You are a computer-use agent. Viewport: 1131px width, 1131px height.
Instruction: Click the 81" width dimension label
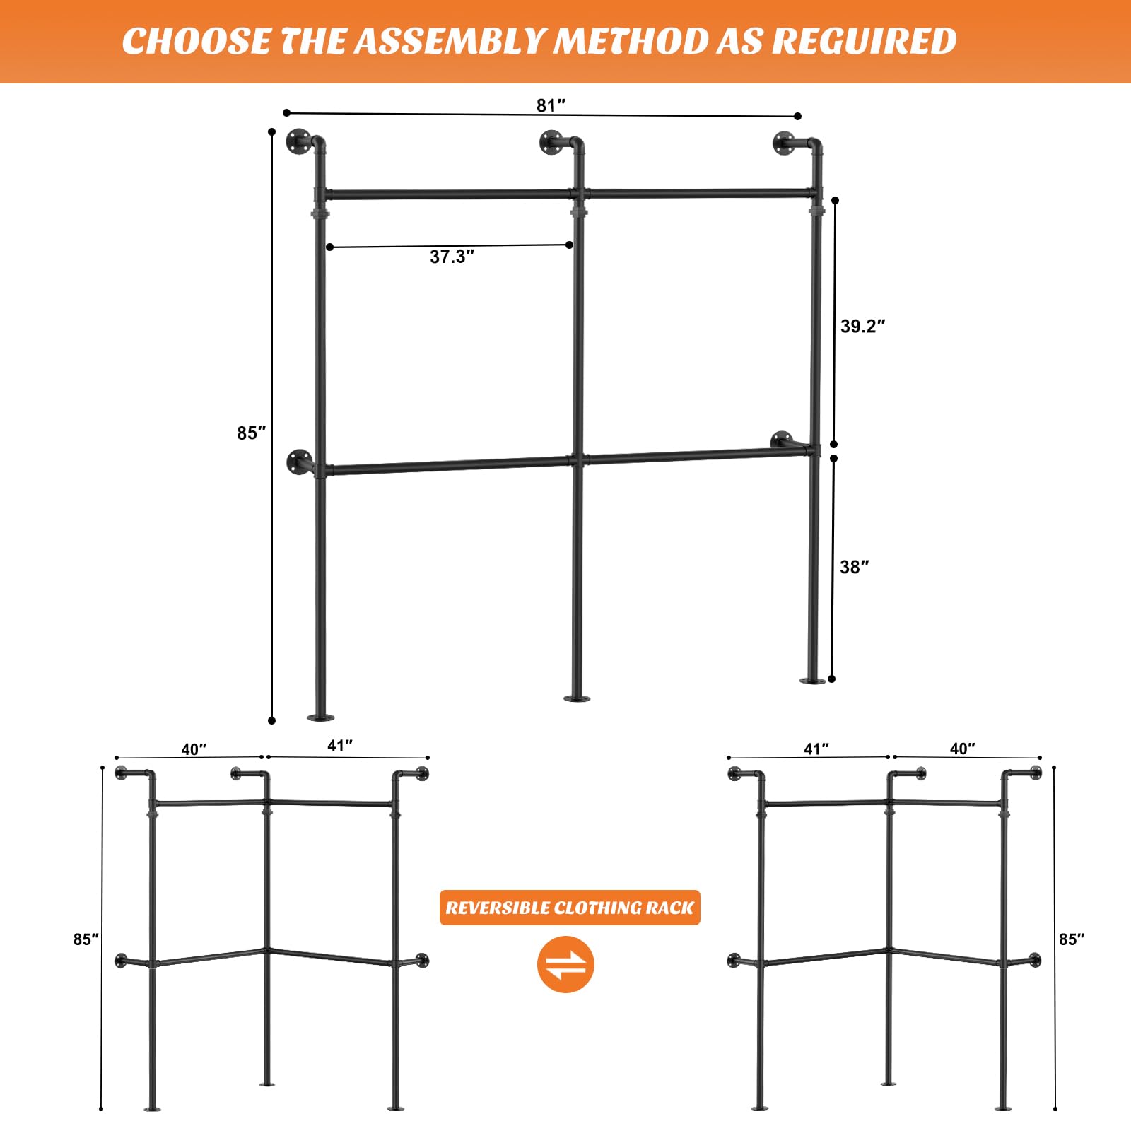click(551, 105)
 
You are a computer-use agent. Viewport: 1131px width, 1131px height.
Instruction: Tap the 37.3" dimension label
click(452, 257)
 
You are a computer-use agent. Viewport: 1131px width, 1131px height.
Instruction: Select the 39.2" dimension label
click(862, 326)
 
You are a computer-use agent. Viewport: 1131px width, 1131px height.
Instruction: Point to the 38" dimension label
click(854, 567)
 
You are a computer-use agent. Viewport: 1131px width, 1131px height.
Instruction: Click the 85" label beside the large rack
click(251, 433)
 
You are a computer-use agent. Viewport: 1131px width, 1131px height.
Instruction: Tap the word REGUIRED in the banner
click(864, 41)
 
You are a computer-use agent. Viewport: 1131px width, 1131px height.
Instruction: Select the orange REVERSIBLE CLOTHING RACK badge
click(570, 908)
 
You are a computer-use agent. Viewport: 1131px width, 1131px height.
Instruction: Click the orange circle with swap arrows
click(565, 964)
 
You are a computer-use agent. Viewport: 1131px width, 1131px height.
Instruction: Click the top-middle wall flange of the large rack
click(551, 142)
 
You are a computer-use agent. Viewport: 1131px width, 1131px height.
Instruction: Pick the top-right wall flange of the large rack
click(785, 143)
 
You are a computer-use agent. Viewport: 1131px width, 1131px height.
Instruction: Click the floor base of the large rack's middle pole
click(577, 698)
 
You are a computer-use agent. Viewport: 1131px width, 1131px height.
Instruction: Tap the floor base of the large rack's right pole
click(812, 680)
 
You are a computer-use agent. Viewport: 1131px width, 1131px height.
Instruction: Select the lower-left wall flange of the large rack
click(299, 462)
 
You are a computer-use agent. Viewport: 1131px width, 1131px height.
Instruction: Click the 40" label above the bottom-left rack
click(194, 749)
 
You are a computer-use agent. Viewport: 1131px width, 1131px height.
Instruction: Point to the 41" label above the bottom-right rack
click(816, 749)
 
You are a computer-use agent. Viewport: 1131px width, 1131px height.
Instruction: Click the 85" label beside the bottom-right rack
click(1071, 939)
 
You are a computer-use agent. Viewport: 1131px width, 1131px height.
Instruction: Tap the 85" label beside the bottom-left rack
click(86, 939)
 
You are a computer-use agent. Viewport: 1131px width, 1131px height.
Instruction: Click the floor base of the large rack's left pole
click(320, 717)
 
